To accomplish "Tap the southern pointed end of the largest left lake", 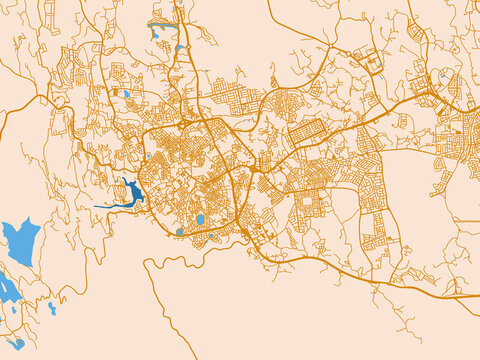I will click(x=12, y=262).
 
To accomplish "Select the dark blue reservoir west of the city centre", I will click(x=131, y=193).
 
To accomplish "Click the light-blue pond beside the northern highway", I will click(x=180, y=48).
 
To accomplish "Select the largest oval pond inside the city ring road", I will click(x=200, y=219).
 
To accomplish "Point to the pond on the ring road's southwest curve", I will click(x=180, y=232).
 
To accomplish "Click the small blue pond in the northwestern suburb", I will click(x=126, y=94).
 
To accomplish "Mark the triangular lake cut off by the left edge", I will click(x=5, y=288).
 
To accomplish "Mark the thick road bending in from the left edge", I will click(x=20, y=110).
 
